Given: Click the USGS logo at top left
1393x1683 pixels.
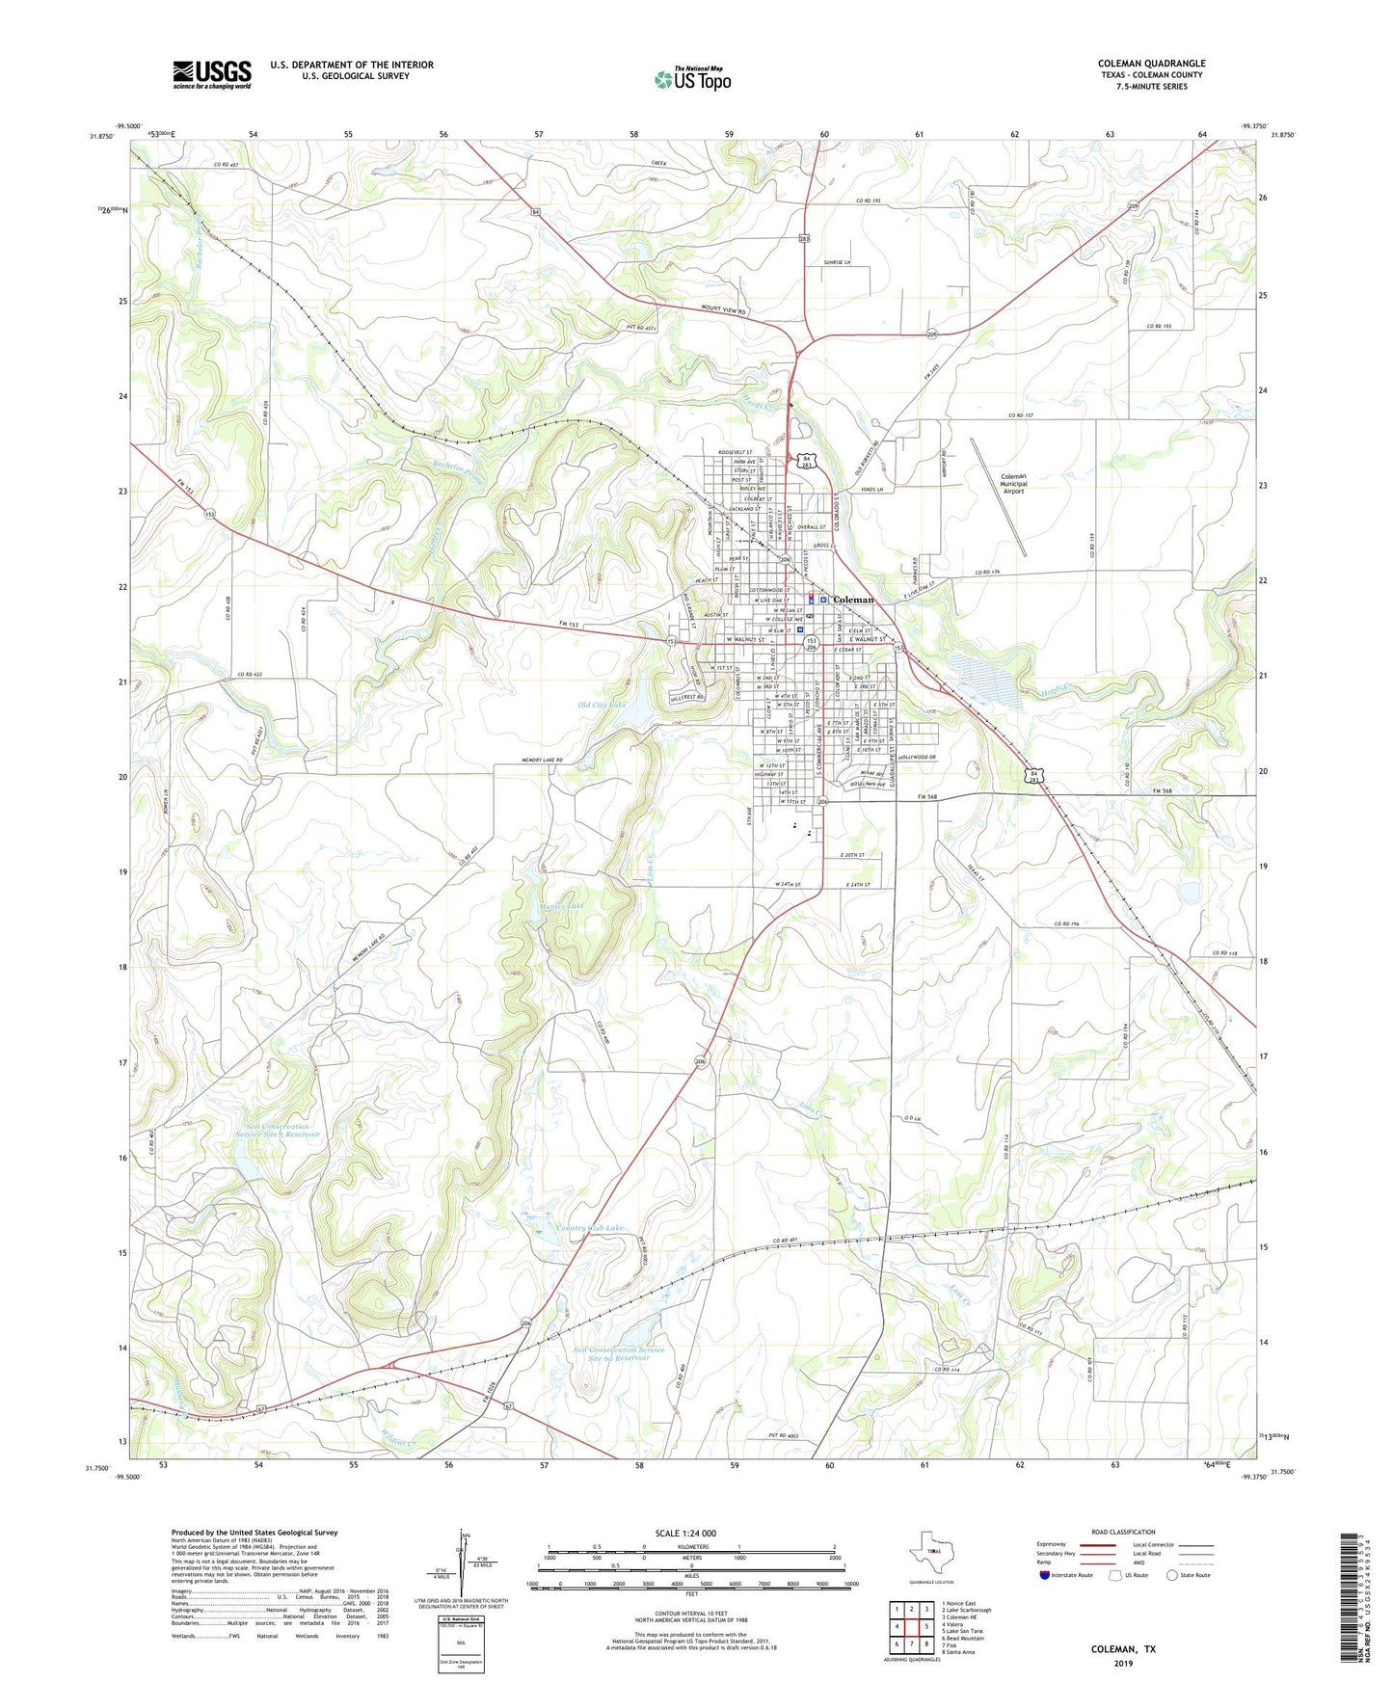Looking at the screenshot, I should pos(212,74).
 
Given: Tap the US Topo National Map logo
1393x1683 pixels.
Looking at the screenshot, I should pos(692,79).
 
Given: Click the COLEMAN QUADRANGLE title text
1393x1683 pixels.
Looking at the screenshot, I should pos(1151,64).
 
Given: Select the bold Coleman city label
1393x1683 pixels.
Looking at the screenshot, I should pos(853,600).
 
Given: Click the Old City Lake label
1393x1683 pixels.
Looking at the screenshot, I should pos(602,706).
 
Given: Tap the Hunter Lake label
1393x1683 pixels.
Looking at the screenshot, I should pos(563,906).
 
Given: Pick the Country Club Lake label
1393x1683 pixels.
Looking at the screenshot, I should pos(590,1228).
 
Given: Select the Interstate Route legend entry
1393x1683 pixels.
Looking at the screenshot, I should pos(1067,1575).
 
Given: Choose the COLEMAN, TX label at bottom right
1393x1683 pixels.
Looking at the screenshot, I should pos(1123,1649).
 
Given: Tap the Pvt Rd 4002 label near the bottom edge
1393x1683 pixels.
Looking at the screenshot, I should pos(786,1436).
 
